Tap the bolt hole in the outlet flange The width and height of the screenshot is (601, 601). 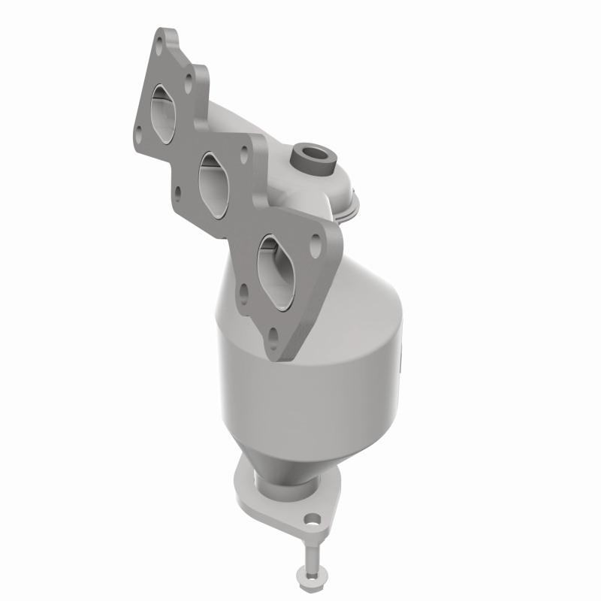[310, 518]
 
